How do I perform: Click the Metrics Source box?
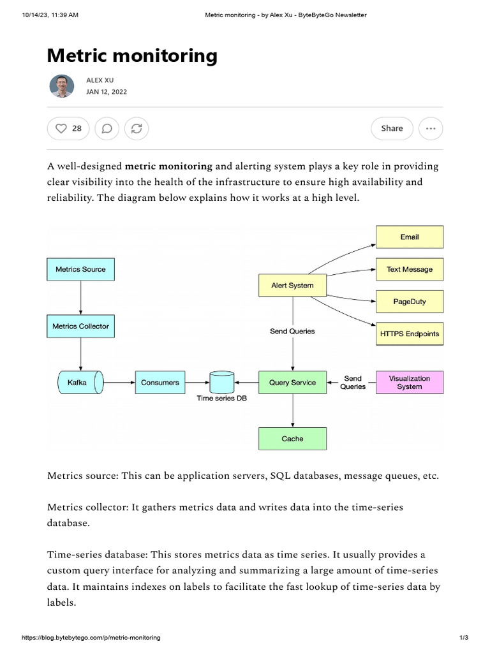click(x=80, y=269)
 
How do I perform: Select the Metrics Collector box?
click(x=80, y=326)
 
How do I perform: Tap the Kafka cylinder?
click(x=78, y=383)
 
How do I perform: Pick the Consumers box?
click(x=160, y=383)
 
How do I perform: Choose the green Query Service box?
click(x=292, y=383)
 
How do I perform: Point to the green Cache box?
click(x=292, y=439)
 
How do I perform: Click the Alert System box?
click(x=292, y=285)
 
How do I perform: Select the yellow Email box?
click(x=409, y=237)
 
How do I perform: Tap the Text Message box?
click(x=409, y=269)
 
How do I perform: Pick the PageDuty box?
click(x=409, y=301)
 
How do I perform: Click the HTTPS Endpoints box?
click(x=409, y=334)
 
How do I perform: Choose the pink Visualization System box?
click(x=409, y=382)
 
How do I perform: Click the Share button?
click(x=392, y=128)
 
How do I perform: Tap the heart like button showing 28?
click(x=68, y=128)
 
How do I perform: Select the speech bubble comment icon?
click(x=107, y=128)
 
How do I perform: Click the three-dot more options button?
click(x=431, y=128)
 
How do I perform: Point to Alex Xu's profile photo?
click(x=62, y=85)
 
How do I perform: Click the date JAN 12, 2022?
click(x=106, y=92)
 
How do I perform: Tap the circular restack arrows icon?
click(x=136, y=128)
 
